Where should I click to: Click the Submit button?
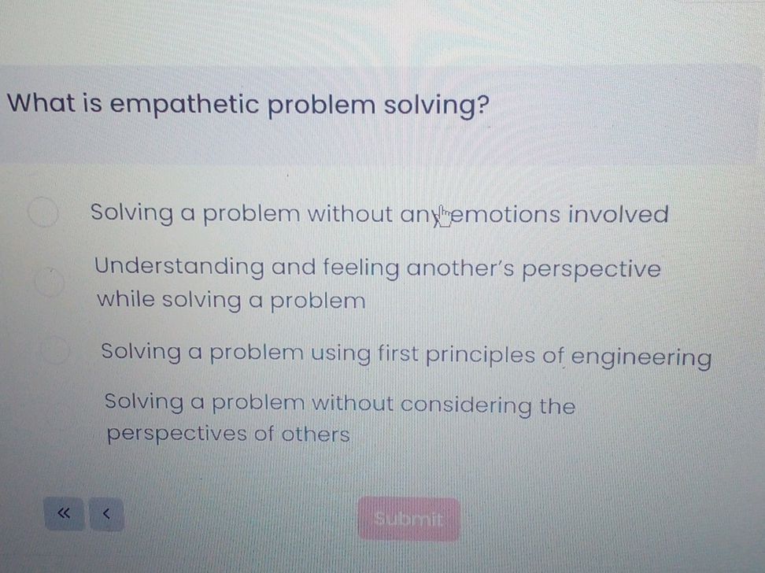(408, 519)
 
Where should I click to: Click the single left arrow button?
(105, 515)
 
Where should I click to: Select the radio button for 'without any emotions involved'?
(44, 213)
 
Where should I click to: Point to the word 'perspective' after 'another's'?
(592, 270)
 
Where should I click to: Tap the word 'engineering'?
(641, 357)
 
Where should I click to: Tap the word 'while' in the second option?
(124, 300)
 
